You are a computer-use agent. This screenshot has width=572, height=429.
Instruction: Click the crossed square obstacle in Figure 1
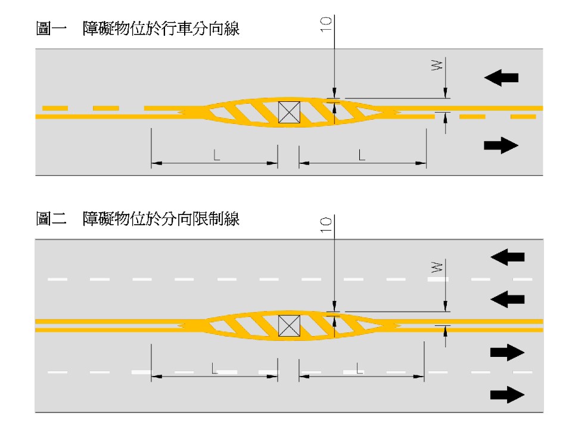point(289,112)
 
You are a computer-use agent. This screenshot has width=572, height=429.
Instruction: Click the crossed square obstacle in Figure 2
point(289,325)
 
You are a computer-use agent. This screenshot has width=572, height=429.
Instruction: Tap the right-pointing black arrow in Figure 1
point(501,145)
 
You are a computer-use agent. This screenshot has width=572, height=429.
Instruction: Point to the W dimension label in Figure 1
point(436,66)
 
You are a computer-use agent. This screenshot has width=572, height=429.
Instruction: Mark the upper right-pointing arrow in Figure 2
point(507,353)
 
